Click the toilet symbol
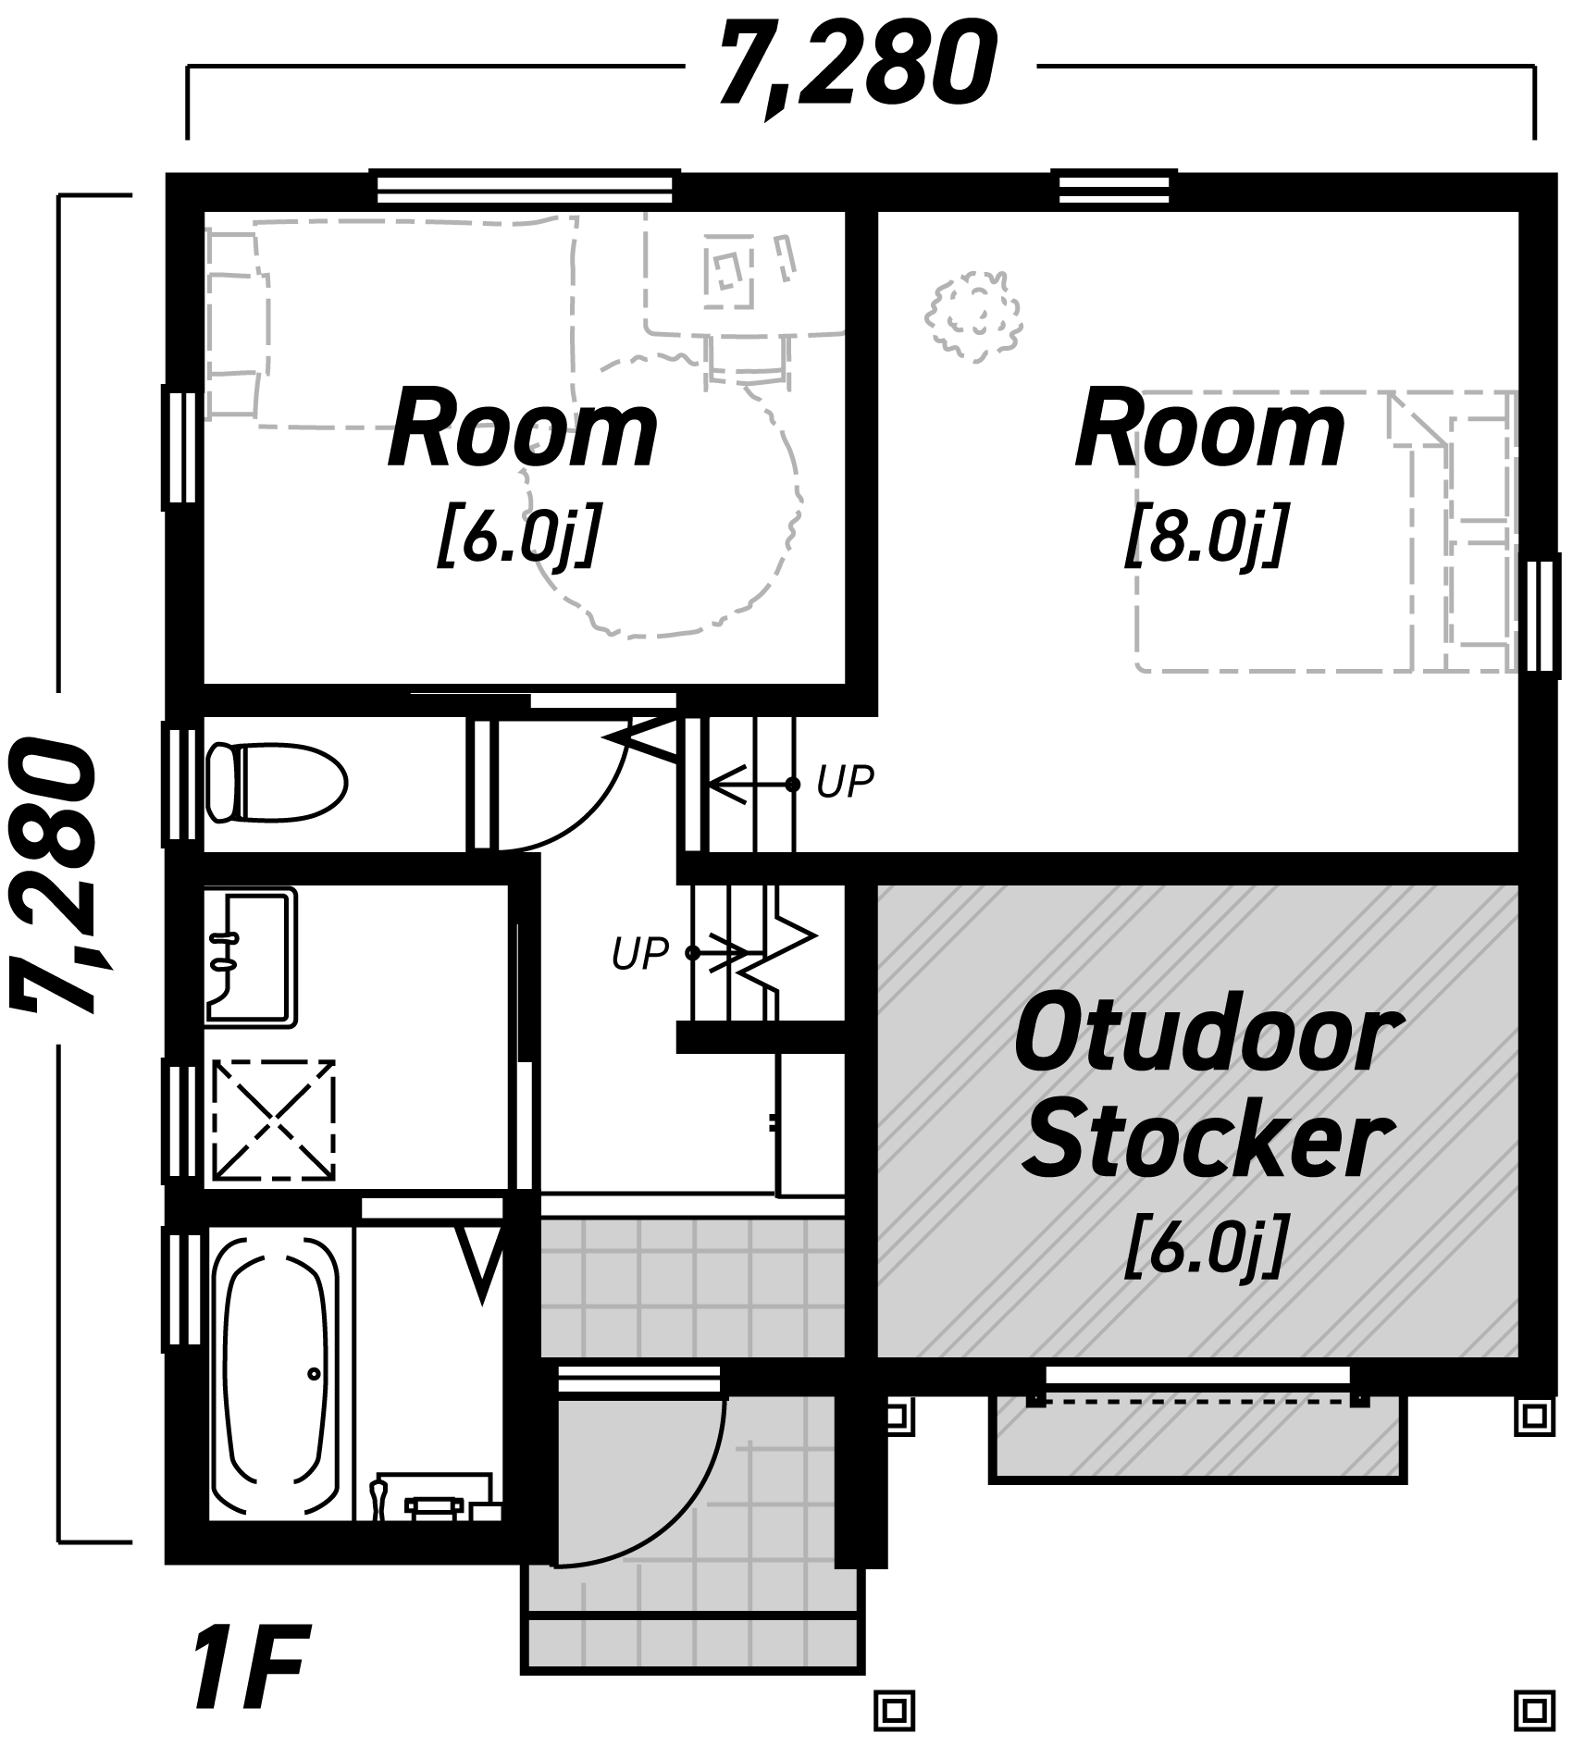click(x=276, y=782)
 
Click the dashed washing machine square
click(x=274, y=1120)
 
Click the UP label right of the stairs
click(x=845, y=783)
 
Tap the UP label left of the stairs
click(x=639, y=953)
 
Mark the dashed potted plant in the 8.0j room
click(x=973, y=313)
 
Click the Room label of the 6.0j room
click(x=523, y=430)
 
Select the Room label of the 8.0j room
click(x=1209, y=430)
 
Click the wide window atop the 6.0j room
click(x=525, y=188)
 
